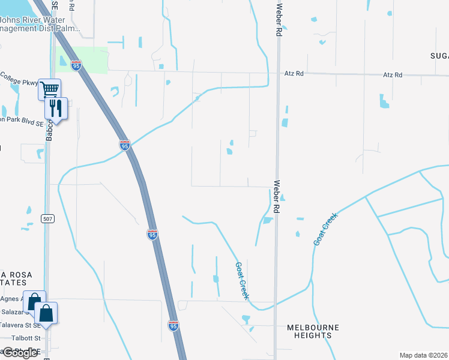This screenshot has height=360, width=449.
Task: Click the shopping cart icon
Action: pos(49,89)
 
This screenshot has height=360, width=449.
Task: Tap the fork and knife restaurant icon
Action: pos(55,108)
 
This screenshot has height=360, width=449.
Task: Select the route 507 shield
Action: pos(49,219)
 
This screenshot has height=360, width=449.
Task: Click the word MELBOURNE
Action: pos(313,327)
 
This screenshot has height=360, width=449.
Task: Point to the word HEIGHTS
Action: pos(313,335)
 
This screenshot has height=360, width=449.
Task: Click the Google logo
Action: pos(19,353)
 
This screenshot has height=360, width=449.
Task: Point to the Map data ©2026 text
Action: pos(423,355)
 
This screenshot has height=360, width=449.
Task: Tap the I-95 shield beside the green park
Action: pos(76,65)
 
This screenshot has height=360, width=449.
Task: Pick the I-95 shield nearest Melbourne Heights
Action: pos(173,325)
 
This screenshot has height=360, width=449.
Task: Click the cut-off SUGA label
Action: pos(439,56)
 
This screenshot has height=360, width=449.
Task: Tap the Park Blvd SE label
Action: pos(22,119)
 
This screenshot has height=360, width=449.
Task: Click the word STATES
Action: pos(13,282)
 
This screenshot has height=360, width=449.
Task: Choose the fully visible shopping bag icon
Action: pos(46,312)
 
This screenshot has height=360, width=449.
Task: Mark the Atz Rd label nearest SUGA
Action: pos(393,75)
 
